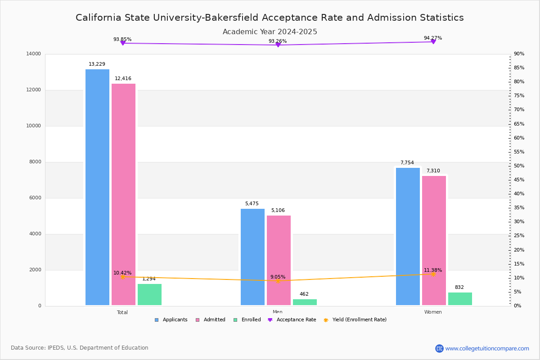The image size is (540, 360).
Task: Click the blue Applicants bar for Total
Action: (97, 187)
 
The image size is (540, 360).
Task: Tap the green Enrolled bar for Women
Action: (460, 299)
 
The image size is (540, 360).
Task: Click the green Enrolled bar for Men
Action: (305, 302)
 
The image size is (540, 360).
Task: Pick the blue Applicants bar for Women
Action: (408, 236)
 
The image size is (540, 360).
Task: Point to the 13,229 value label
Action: (97, 64)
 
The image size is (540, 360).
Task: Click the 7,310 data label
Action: (433, 171)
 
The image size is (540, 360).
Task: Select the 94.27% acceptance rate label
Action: (432, 38)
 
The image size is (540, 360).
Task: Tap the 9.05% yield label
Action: (278, 277)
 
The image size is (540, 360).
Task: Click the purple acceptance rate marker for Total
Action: (122, 43)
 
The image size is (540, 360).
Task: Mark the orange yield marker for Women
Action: (433, 274)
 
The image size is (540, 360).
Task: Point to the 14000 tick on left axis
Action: (34, 54)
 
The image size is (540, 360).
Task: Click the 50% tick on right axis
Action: (519, 166)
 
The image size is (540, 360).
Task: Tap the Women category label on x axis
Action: (433, 312)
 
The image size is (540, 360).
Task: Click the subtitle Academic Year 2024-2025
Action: (270, 32)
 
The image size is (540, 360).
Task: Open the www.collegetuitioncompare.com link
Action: (487, 348)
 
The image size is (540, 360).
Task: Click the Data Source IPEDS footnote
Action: (80, 348)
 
